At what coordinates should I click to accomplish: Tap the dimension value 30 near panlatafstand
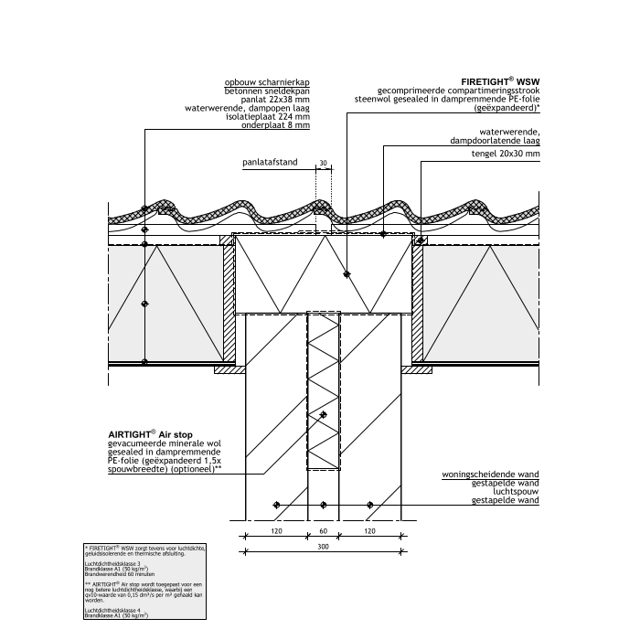tap(323, 165)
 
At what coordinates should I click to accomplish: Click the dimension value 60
tap(323, 529)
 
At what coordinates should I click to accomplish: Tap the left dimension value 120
tap(275, 529)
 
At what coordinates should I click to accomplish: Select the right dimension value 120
tap(370, 529)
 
